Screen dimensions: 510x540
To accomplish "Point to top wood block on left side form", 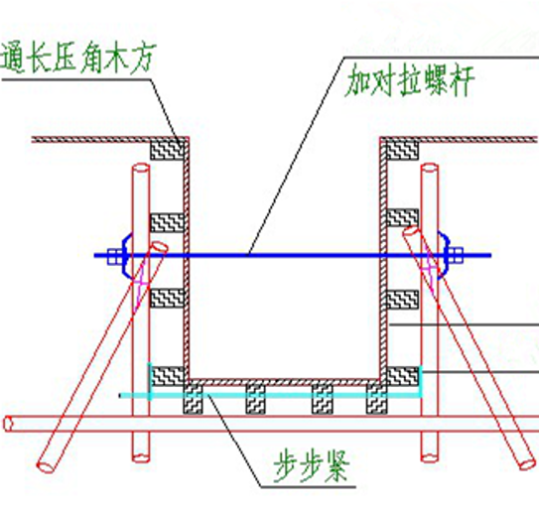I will pyautogui.click(x=165, y=150).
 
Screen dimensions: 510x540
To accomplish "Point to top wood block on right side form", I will pyautogui.click(x=401, y=150).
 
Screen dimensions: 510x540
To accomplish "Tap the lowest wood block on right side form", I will pyautogui.click(x=401, y=376).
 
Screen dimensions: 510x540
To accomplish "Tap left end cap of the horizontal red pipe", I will pyautogui.click(x=7, y=424).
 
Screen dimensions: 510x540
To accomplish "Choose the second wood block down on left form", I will pyautogui.click(x=165, y=221).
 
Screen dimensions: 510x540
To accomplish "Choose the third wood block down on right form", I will pyautogui.click(x=401, y=298).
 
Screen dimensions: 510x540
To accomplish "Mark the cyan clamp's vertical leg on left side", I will pyautogui.click(x=149, y=377).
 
